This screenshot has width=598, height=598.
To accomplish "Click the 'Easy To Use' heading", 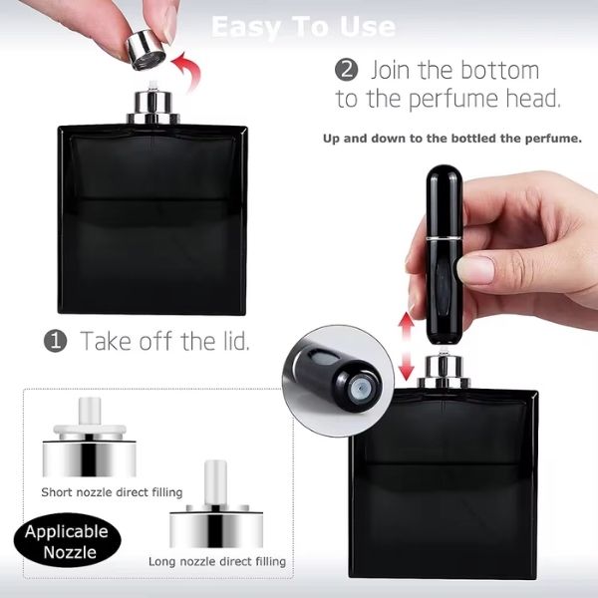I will tap(303, 26).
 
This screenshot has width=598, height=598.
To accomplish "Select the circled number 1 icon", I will tap(55, 341).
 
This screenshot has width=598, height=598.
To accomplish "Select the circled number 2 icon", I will tap(347, 71).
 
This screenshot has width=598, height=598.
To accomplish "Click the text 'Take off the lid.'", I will tap(164, 341).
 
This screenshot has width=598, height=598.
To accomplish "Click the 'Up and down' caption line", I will tap(451, 139).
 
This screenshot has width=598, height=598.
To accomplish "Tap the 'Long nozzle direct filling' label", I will tap(216, 561).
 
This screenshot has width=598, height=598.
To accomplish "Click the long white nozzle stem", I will tap(213, 481).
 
